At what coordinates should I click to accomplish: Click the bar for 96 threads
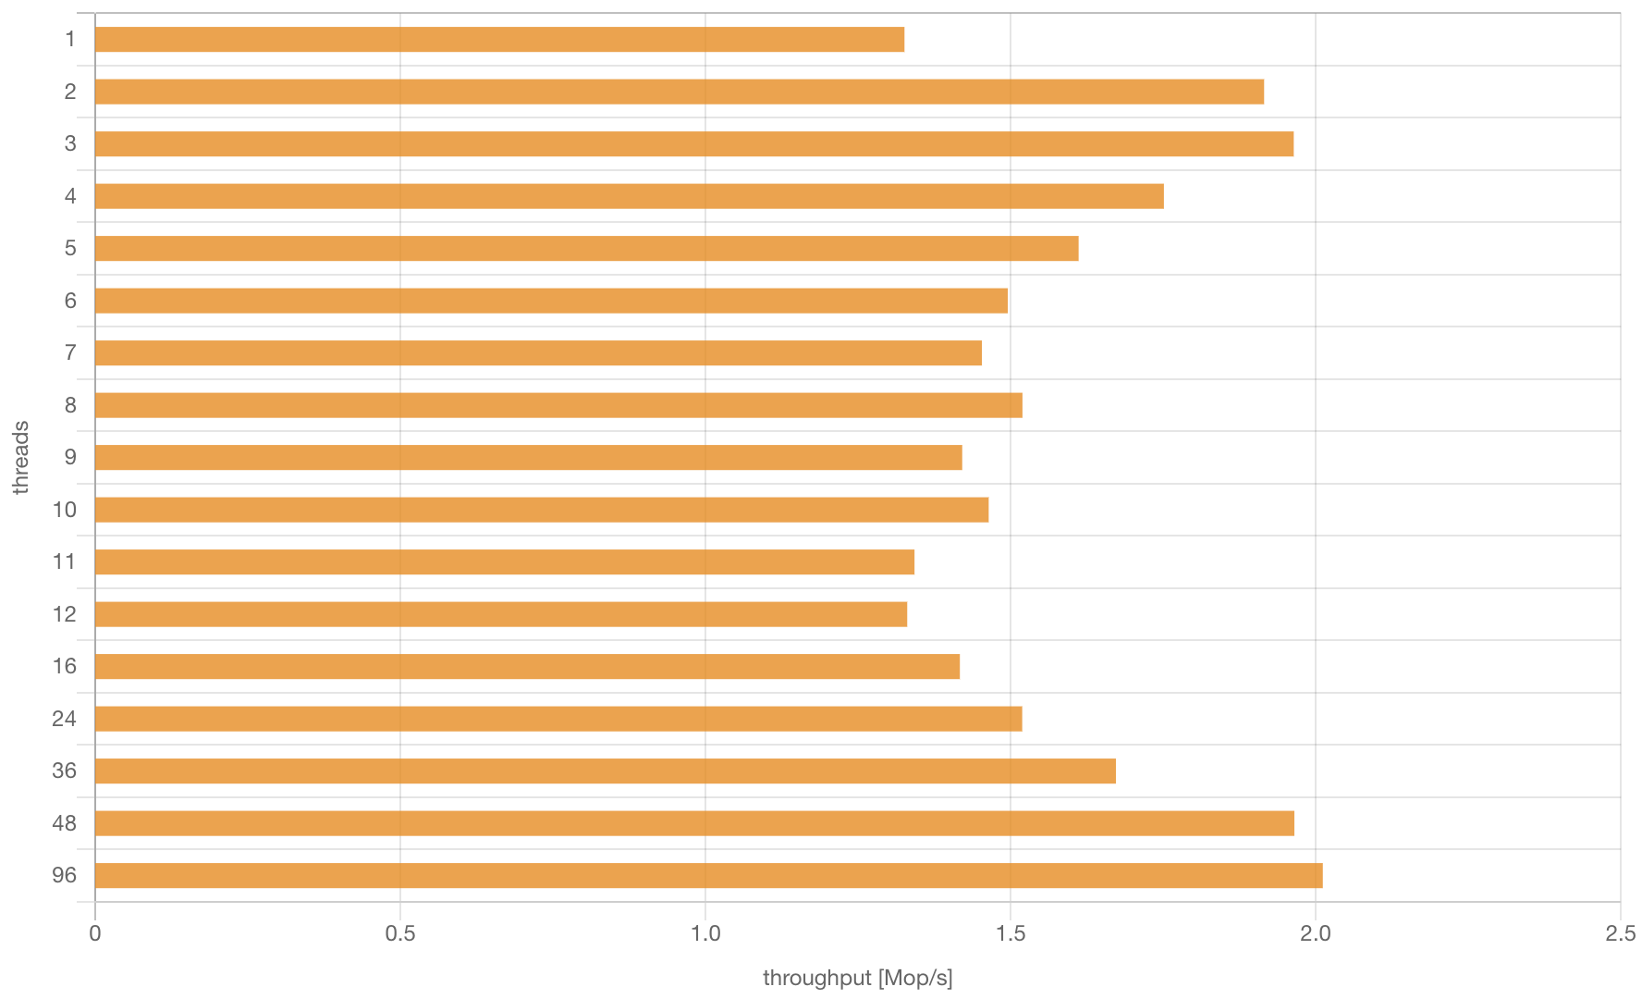tap(708, 876)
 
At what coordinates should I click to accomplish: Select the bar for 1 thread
tap(499, 40)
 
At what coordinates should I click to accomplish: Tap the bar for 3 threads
tap(693, 144)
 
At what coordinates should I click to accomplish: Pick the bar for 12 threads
tap(501, 614)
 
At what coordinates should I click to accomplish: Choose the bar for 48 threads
tap(694, 823)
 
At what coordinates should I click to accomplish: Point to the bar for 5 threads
tap(586, 249)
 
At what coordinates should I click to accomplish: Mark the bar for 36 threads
tap(605, 771)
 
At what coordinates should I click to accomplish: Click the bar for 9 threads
tap(528, 458)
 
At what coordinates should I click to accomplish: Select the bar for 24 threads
tap(558, 719)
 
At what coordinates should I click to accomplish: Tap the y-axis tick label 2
tap(70, 92)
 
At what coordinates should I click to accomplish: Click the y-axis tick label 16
tap(65, 666)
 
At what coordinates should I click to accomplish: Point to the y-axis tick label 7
tap(70, 352)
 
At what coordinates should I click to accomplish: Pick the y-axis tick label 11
tap(65, 561)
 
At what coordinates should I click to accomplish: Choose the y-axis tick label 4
tap(70, 196)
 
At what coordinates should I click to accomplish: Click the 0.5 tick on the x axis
tap(399, 934)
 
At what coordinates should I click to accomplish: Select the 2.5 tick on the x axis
tap(1620, 934)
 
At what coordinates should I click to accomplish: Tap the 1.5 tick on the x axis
tap(1010, 934)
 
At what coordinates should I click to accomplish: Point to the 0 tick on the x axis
tap(95, 934)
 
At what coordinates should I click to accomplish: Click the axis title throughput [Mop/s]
tap(857, 978)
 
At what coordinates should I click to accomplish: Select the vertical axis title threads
tap(21, 458)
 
